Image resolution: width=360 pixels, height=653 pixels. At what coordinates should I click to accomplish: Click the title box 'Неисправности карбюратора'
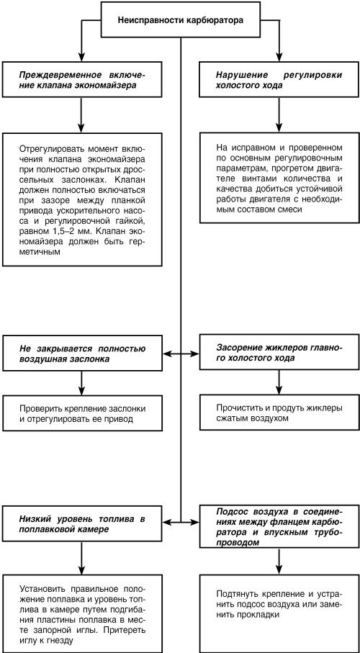179,20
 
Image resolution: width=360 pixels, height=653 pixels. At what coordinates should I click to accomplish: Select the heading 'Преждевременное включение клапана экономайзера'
83,80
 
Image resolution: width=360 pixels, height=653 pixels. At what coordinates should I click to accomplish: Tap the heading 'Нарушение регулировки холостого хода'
277,80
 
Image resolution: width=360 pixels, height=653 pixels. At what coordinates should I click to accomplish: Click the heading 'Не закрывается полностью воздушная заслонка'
83,354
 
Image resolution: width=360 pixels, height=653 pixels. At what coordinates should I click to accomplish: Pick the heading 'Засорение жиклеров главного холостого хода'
277,354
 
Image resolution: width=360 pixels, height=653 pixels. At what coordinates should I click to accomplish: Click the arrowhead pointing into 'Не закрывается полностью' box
168,354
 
